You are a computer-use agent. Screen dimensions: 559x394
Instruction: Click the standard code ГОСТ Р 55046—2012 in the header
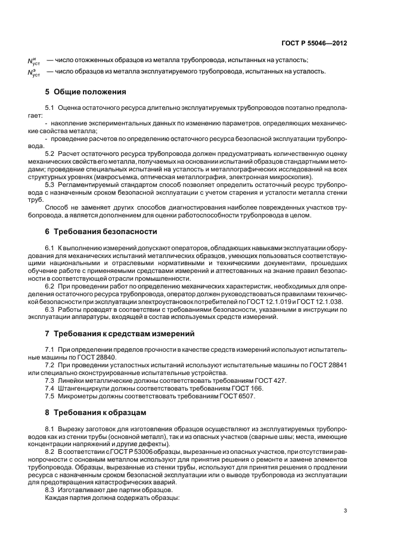tap(315, 44)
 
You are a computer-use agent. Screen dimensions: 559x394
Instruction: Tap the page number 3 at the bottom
tap(345, 510)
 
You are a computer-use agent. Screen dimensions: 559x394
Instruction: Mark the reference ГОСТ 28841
tap(328, 364)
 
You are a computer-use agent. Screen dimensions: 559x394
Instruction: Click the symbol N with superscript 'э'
tap(33, 72)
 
